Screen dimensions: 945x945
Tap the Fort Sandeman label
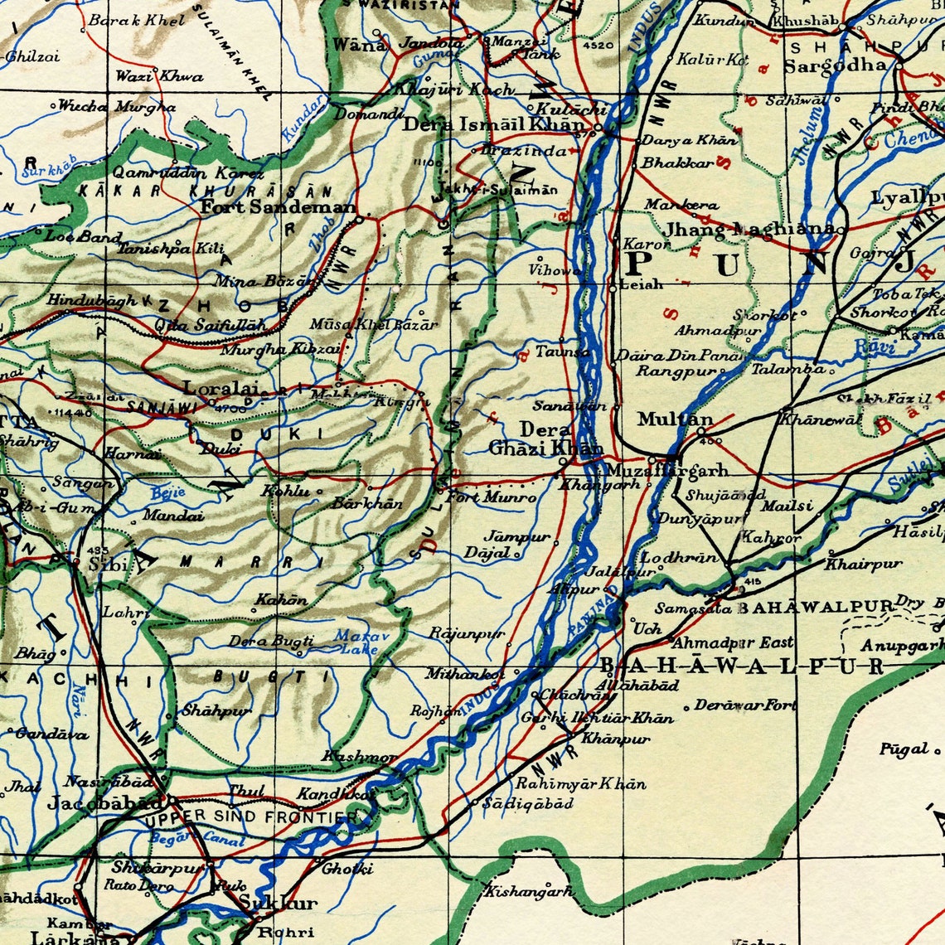(279, 207)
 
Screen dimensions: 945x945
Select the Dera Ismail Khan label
(493, 125)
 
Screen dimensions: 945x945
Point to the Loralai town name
(220, 387)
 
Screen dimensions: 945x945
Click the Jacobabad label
(105, 802)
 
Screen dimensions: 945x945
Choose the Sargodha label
(835, 65)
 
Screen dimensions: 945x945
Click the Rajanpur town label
(467, 633)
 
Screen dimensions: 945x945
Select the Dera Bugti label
(271, 641)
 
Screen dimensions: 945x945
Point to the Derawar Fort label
(745, 705)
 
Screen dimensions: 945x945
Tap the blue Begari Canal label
(198, 839)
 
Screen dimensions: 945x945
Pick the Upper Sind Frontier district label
(251, 817)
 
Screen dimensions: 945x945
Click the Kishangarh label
(529, 892)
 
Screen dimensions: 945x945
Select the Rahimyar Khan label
(580, 783)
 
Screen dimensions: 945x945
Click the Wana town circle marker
(377, 33)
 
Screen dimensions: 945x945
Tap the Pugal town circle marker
(938, 750)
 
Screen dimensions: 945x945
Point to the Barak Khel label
(137, 21)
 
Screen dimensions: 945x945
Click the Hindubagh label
(92, 301)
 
